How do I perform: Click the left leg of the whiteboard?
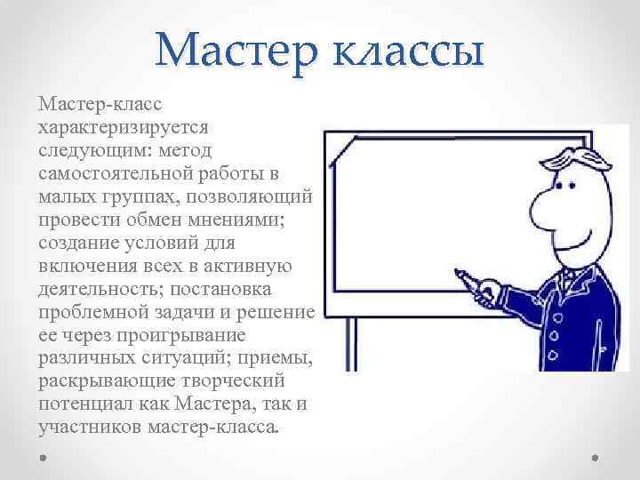[355, 342]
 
